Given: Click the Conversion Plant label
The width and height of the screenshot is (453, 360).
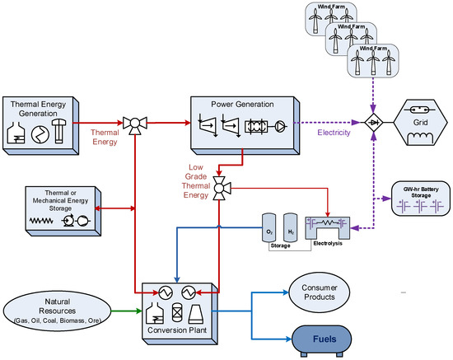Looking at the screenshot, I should (179, 334).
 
